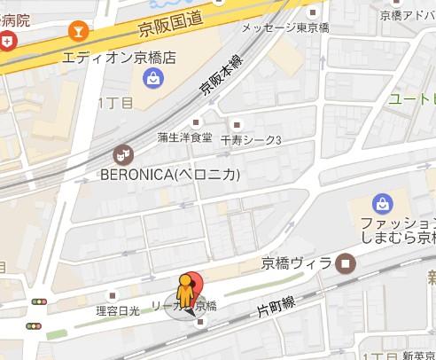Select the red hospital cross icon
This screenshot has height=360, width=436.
(x=8, y=40)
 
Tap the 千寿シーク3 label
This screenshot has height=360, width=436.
(x=251, y=140)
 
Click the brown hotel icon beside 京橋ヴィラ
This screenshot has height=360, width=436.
(x=345, y=262)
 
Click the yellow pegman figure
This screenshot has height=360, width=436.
(x=185, y=291)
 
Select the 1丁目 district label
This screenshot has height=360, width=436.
(x=115, y=103)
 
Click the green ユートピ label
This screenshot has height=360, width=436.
(x=411, y=98)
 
